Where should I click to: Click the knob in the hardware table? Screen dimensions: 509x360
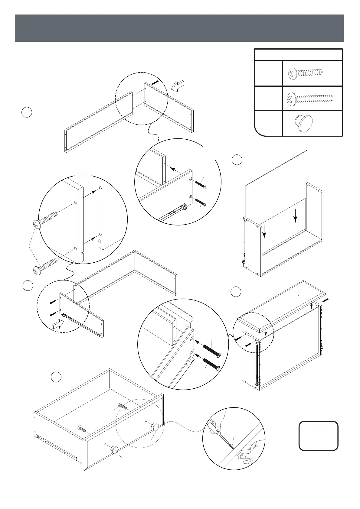point(303,123)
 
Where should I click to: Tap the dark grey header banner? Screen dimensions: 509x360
point(179,28)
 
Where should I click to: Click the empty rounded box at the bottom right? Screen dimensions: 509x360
point(318,436)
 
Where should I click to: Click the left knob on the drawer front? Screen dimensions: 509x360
point(114,449)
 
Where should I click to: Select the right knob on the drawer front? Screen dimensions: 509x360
point(155,426)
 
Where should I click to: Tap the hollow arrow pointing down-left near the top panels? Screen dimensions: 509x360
point(177,85)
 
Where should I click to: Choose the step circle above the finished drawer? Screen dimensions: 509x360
point(56,377)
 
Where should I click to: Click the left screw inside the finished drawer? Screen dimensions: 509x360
point(82,429)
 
